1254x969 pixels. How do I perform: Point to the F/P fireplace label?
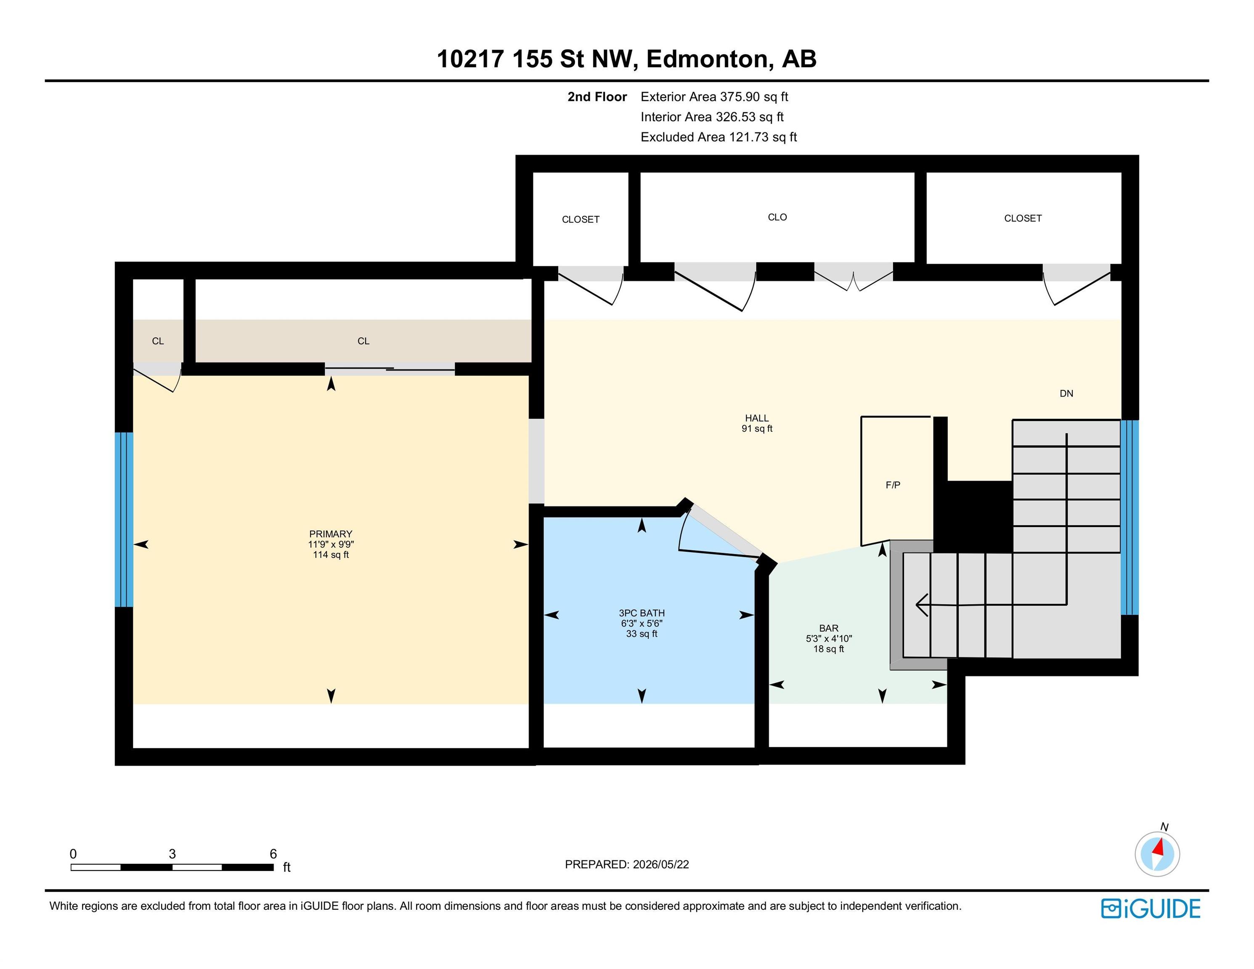[893, 485]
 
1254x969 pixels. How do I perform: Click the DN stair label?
[1066, 393]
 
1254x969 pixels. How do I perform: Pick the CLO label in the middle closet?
[777, 217]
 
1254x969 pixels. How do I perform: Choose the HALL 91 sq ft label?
[757, 423]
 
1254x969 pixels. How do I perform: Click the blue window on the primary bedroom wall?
[124, 519]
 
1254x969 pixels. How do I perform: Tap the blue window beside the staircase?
[1129, 517]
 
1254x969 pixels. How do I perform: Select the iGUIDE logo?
[1150, 909]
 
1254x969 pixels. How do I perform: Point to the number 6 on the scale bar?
[273, 854]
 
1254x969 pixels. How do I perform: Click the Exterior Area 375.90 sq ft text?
[714, 97]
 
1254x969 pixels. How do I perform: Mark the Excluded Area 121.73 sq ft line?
[719, 137]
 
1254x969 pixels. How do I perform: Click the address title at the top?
[626, 59]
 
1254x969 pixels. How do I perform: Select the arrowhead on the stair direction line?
[922, 605]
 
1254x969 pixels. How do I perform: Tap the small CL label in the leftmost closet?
[158, 341]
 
